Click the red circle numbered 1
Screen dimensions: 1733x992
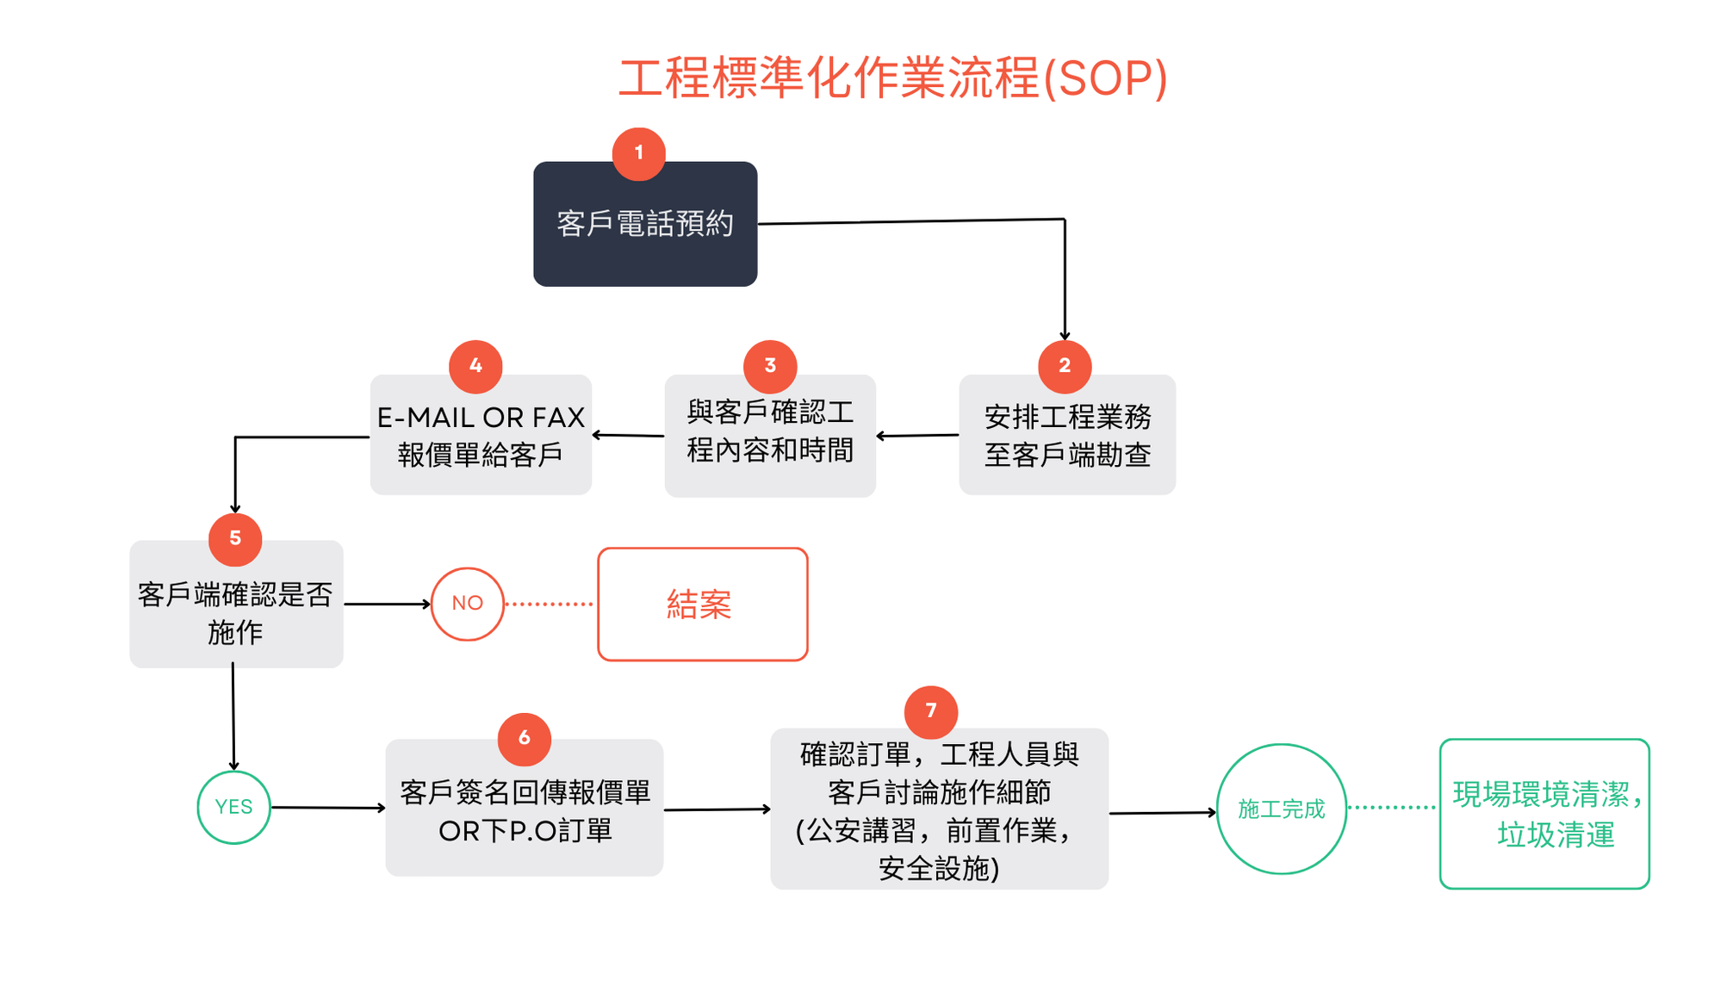[x=638, y=154]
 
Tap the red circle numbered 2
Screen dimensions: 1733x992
[x=1065, y=367]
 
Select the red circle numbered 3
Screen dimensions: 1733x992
[x=770, y=367]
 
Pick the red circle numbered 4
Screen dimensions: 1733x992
[x=475, y=367]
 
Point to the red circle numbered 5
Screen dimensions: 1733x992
[x=235, y=540]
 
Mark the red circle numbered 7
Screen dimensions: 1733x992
[x=931, y=712]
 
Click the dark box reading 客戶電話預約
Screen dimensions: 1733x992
[x=645, y=224]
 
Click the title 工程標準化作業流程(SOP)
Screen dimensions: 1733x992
[x=893, y=78]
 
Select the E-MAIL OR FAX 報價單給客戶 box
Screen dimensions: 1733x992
[x=481, y=435]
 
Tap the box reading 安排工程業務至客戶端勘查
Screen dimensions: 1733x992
[x=1067, y=435]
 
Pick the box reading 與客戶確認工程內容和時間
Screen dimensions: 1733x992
[x=770, y=436]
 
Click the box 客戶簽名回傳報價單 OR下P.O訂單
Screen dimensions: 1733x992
[x=525, y=808]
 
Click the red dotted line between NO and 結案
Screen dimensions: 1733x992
[x=550, y=604]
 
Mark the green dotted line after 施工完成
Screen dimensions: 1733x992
[x=1392, y=808]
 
